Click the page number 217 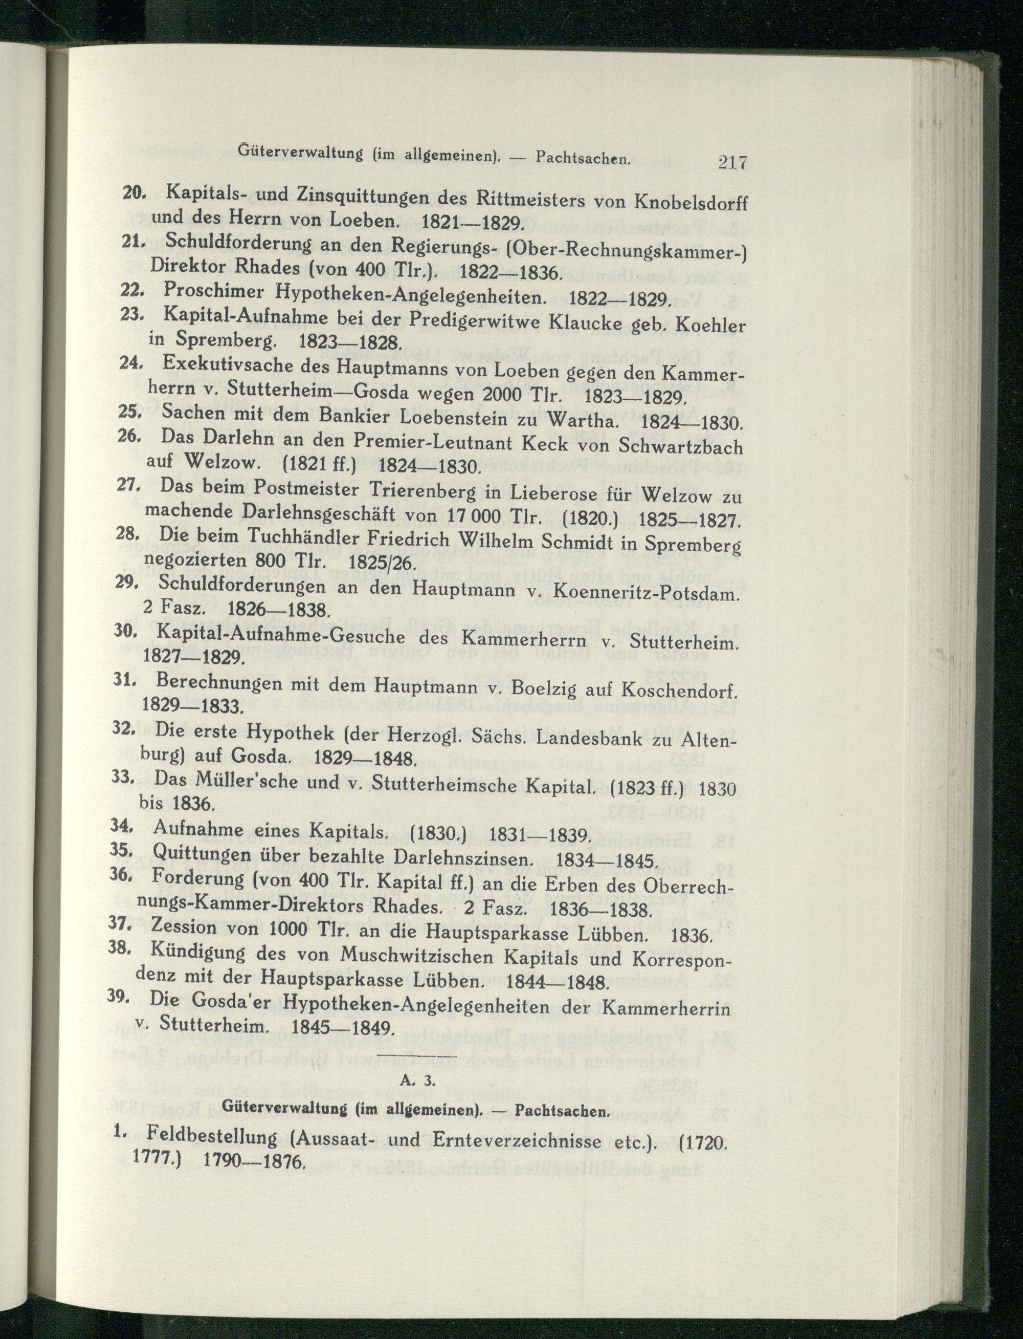pos(732,163)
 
